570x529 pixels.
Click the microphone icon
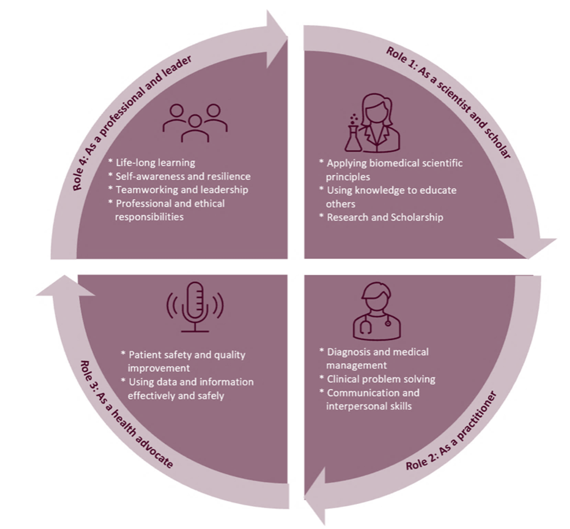pos(195,307)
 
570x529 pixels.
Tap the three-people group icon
pos(195,123)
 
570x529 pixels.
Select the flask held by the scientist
pos(353,136)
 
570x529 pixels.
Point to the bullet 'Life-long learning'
pos(155,163)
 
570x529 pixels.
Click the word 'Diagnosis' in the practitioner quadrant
pos(347,352)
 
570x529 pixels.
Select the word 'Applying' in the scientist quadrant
pos(345,163)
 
